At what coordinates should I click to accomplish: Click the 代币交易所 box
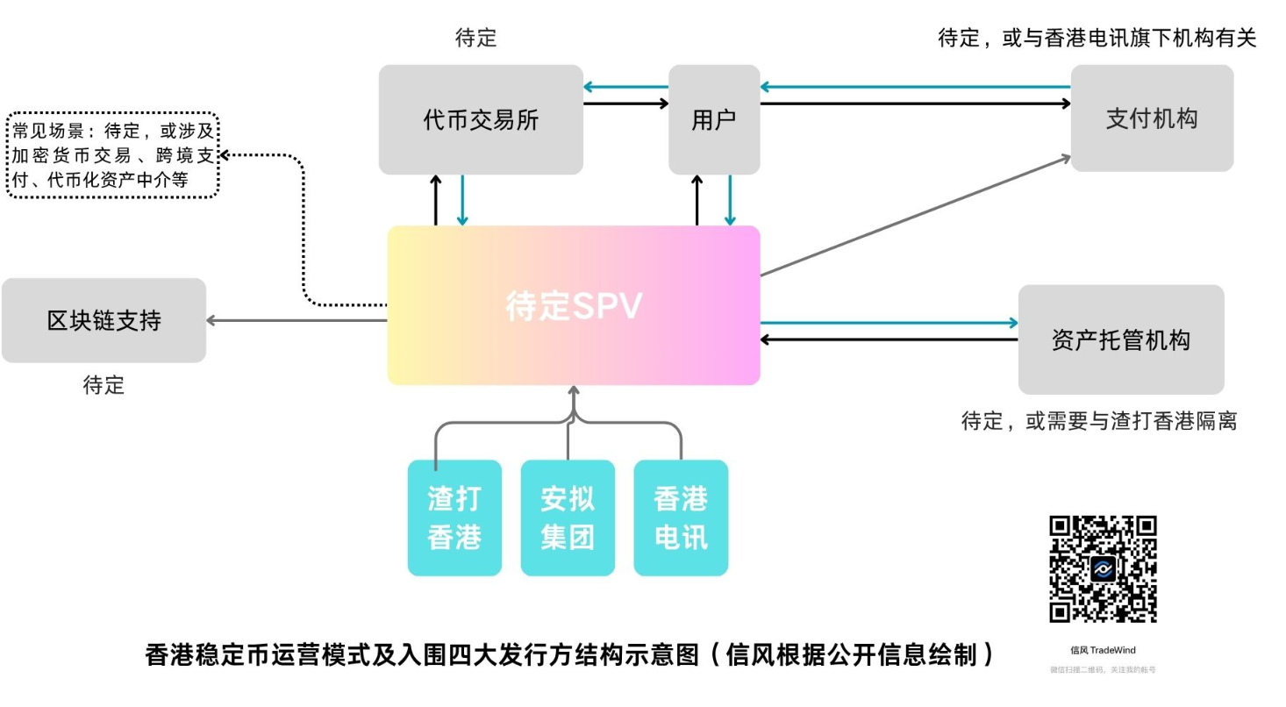tap(481, 119)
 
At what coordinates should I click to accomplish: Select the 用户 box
tap(714, 119)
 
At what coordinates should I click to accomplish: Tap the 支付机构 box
tap(1151, 118)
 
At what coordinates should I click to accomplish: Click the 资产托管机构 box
tap(1120, 339)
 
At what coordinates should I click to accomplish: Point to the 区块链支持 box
tap(104, 320)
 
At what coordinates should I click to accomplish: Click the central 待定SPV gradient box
tap(574, 305)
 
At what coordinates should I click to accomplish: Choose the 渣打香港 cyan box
tap(454, 518)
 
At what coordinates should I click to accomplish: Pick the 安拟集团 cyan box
tap(568, 518)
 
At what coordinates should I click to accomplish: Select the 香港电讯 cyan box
tap(681, 518)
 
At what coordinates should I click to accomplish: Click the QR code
tap(1103, 568)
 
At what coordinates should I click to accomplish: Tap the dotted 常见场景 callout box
tap(112, 155)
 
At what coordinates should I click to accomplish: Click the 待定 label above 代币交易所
tap(475, 38)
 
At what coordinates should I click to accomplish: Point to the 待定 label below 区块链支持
tap(104, 385)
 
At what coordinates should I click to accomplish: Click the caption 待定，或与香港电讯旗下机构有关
tap(1097, 38)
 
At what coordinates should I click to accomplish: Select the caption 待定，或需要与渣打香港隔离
tap(1098, 421)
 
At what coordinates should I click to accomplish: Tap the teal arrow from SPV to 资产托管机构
tap(888, 323)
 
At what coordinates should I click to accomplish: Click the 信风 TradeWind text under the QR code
tap(1103, 650)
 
